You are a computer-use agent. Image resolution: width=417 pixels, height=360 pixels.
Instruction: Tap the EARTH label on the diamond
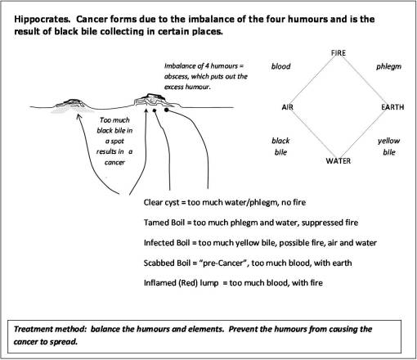[x=392, y=108]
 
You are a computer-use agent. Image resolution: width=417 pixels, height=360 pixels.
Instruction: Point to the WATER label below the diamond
[x=339, y=161]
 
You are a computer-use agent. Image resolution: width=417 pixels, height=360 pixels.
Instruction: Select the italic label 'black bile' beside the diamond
[x=280, y=146]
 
